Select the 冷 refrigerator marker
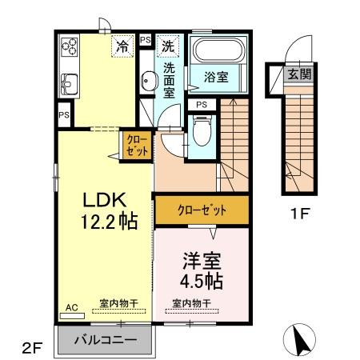(x=122, y=46)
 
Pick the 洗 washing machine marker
(x=167, y=46)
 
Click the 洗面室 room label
(x=170, y=81)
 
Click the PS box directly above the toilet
(x=202, y=103)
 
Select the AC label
(x=70, y=306)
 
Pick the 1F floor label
(x=299, y=215)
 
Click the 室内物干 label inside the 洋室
(x=192, y=303)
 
